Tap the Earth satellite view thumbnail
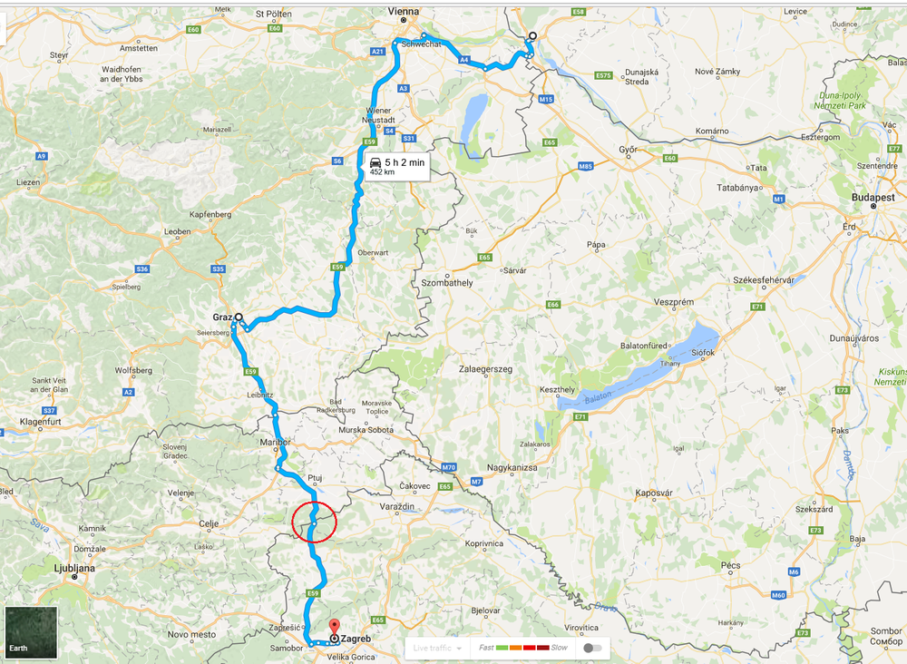click(32, 632)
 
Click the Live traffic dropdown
click(438, 648)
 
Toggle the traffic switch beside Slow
click(592, 648)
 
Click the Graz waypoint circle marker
click(239, 317)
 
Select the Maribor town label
click(274, 442)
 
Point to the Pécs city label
click(730, 565)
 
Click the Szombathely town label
click(447, 283)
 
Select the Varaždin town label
click(396, 504)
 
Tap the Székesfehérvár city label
click(762, 280)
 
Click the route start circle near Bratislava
click(532, 36)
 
